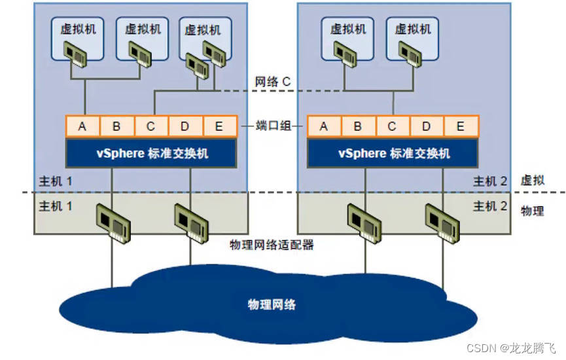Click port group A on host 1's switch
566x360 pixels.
(x=82, y=126)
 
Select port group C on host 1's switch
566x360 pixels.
(x=151, y=126)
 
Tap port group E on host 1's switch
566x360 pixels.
(x=219, y=126)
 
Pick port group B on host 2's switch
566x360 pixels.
(x=358, y=126)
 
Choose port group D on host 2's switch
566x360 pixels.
(x=427, y=126)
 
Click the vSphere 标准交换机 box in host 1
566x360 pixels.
(x=151, y=153)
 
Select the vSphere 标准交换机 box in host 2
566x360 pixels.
(x=393, y=153)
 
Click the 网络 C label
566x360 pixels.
(x=272, y=82)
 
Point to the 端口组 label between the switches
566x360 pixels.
(x=272, y=126)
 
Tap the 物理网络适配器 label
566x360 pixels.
(x=272, y=245)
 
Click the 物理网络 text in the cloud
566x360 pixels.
(x=272, y=304)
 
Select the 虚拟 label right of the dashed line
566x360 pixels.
(x=532, y=181)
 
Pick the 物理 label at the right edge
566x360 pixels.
(x=532, y=211)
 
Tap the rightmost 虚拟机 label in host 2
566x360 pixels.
(x=413, y=29)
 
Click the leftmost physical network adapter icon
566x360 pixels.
(x=114, y=221)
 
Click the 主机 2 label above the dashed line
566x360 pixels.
(x=490, y=181)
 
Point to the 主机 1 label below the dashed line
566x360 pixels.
(x=56, y=207)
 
